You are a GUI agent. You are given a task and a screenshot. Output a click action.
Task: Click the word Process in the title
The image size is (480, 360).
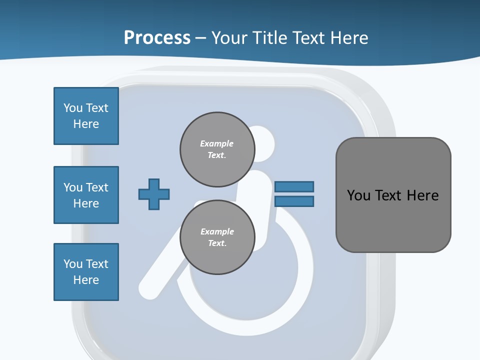pos(157,38)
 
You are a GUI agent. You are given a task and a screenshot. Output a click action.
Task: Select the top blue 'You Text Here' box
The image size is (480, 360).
pos(86,116)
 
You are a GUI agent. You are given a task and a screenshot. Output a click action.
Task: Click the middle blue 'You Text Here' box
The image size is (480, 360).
pos(86,195)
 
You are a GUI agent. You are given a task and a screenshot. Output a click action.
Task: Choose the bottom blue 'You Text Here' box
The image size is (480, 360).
pos(86,272)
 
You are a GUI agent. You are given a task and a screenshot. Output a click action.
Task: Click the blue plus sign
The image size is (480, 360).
pos(154,194)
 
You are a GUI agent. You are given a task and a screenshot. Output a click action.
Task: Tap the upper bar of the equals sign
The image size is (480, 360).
pos(294,186)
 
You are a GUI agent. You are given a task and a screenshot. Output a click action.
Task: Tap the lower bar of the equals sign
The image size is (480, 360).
pos(294,201)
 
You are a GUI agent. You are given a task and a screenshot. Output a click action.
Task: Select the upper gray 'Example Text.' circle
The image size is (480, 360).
pos(217,149)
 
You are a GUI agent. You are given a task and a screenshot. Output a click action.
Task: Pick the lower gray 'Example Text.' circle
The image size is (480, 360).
pos(217,237)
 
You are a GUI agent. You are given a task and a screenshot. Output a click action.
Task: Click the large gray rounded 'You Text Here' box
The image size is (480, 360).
pos(393,195)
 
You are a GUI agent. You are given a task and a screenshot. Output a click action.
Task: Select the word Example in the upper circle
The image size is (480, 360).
pos(216,143)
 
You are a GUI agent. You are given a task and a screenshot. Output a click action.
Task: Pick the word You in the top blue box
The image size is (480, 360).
pos(72,108)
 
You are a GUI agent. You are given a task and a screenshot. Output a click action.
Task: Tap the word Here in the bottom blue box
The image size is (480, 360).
pos(86,280)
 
